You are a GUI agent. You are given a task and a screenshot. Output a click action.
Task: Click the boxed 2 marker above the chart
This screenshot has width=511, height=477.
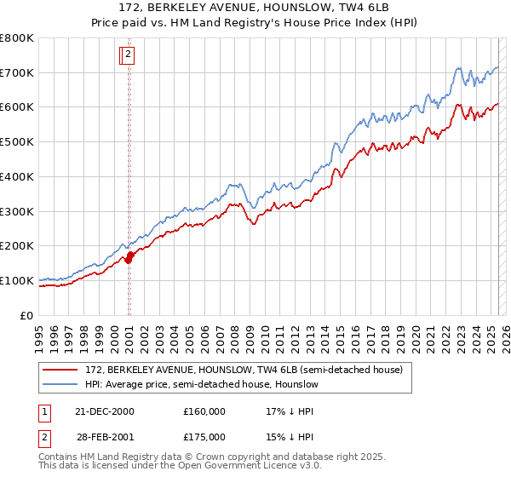[128, 55]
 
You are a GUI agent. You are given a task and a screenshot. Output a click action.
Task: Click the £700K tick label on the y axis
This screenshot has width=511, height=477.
[17, 73]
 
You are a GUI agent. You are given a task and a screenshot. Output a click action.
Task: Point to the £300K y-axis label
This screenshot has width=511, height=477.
[17, 211]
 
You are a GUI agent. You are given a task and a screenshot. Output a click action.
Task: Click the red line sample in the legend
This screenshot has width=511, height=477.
[60, 370]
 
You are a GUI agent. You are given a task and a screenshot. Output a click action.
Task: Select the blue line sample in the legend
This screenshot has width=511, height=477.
[60, 384]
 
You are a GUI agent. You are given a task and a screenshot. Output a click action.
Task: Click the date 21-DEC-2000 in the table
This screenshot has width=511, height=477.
[105, 411]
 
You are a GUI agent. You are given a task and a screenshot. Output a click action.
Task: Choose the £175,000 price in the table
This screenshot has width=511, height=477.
[204, 436]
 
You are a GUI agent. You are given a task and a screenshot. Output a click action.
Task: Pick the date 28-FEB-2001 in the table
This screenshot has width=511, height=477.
[105, 436]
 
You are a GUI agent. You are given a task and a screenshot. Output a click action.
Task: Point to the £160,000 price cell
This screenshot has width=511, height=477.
[204, 411]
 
